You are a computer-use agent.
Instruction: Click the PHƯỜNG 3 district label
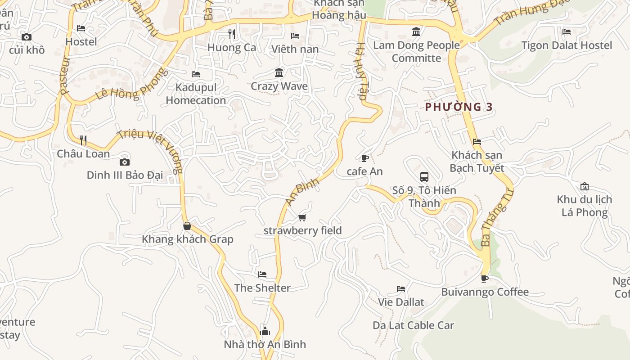click(x=459, y=107)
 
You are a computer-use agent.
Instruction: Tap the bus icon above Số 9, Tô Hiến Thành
click(x=424, y=177)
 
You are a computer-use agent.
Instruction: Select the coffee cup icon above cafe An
click(x=364, y=158)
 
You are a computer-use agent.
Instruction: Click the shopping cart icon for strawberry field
click(x=302, y=218)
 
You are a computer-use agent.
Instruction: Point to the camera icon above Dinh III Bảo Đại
click(x=125, y=162)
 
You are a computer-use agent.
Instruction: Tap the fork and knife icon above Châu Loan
click(x=83, y=140)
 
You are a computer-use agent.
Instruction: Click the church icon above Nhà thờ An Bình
click(x=265, y=332)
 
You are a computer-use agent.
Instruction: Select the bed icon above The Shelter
click(x=262, y=274)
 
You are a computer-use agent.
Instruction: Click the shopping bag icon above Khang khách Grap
click(x=187, y=226)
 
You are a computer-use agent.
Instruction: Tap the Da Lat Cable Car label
click(x=413, y=325)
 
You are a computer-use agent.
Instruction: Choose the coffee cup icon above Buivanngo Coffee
click(x=485, y=279)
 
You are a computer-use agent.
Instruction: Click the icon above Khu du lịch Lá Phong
click(x=585, y=186)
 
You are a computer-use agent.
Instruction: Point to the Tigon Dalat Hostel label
click(x=567, y=45)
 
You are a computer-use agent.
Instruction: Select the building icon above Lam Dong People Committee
click(x=416, y=32)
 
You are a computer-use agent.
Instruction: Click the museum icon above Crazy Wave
click(x=279, y=73)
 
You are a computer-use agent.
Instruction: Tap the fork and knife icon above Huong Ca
click(x=232, y=34)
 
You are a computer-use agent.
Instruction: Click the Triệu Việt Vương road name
click(x=151, y=151)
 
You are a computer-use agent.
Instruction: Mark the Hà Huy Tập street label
click(x=362, y=74)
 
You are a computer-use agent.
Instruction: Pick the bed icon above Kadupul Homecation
click(x=196, y=74)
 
